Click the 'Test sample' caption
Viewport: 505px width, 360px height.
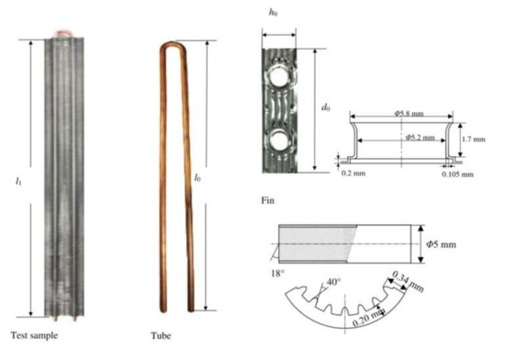(x=35, y=335)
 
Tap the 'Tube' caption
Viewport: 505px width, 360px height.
(x=161, y=336)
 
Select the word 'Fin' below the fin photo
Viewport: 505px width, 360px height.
(x=267, y=200)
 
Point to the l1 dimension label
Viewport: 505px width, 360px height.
(x=18, y=181)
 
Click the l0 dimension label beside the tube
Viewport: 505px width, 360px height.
(x=197, y=177)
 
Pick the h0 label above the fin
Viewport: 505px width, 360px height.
(x=273, y=12)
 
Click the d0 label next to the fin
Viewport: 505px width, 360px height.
(x=326, y=107)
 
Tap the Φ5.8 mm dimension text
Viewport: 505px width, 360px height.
(x=409, y=113)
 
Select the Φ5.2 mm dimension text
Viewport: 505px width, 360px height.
(x=420, y=138)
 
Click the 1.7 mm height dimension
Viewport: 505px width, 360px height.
(x=474, y=139)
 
